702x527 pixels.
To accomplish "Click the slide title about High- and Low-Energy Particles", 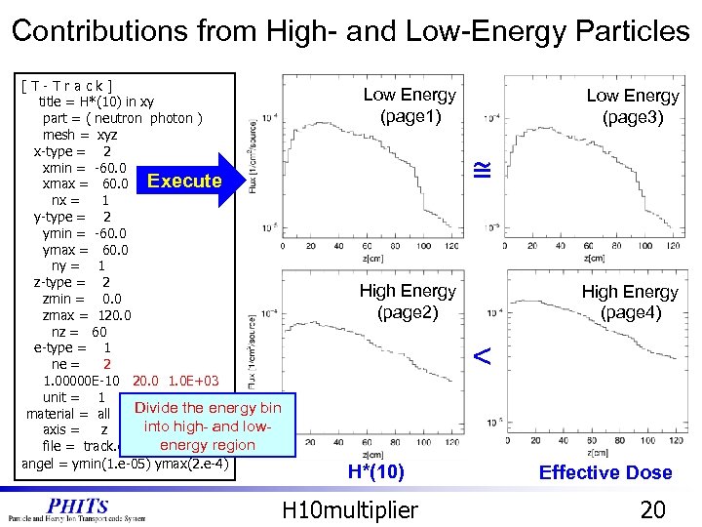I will coord(351,30).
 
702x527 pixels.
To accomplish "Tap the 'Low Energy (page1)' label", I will coord(409,105).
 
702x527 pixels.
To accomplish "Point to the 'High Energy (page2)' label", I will coord(407,302).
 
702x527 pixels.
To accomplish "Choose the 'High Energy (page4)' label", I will coord(630,303).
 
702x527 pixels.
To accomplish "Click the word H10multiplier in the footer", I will coord(350,508).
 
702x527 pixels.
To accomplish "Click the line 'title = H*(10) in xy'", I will coord(96,101).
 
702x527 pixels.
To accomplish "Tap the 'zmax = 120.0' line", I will coord(88,315).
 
